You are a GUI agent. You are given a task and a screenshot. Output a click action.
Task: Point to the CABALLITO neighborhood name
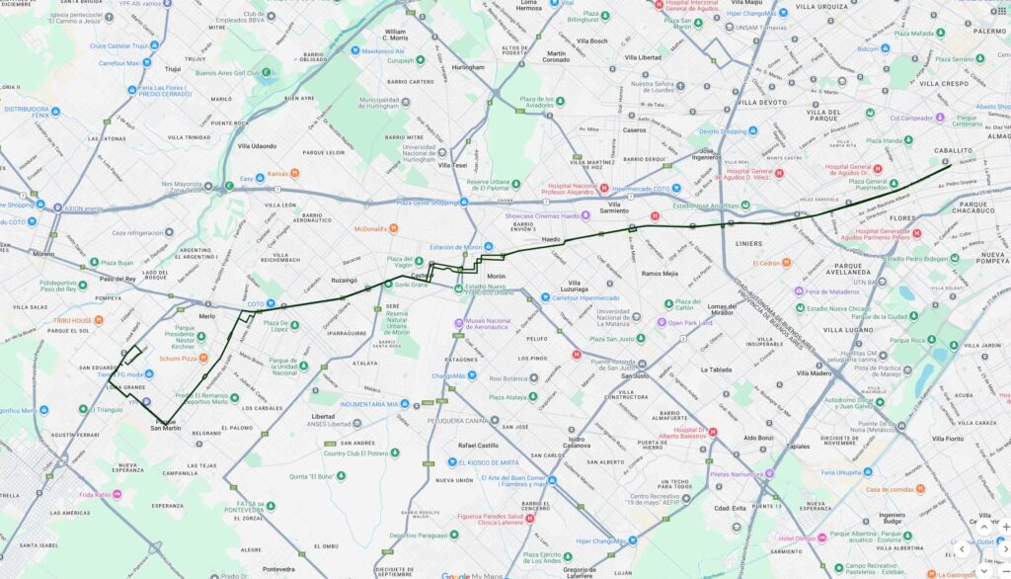956,149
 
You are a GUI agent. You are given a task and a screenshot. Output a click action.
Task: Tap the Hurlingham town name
469,67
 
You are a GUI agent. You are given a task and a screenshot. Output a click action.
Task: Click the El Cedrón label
767,264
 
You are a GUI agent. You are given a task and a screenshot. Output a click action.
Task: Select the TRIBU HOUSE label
73,320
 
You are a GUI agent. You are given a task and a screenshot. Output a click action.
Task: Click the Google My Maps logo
470,575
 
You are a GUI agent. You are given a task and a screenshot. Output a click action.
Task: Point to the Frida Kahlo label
96,494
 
